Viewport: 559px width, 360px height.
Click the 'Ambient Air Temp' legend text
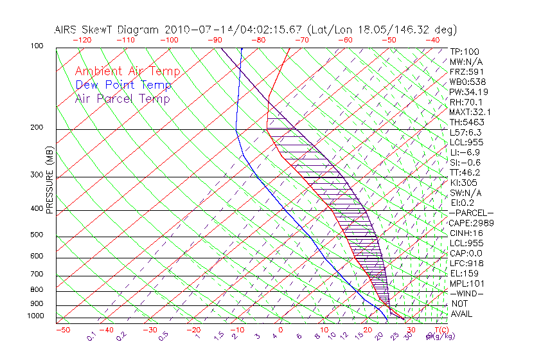[128, 71]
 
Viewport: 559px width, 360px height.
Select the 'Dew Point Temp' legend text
[123, 85]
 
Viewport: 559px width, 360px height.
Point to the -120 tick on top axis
[82, 40]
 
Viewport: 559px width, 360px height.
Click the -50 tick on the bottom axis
[62, 330]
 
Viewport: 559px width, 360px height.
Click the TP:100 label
[465, 51]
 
